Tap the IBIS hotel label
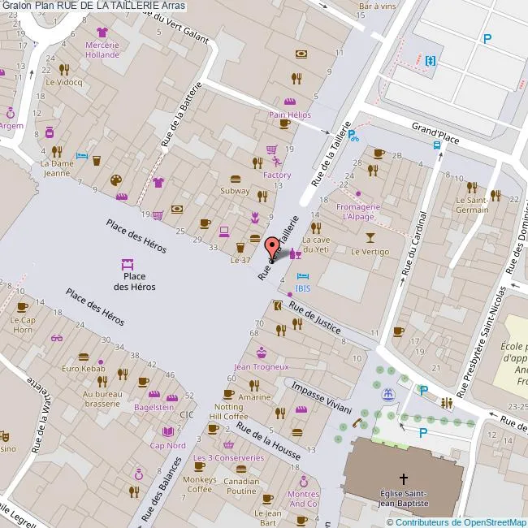302,288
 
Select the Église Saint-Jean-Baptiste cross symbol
404,479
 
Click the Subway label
235,191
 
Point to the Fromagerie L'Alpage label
357,211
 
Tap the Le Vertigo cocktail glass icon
370,237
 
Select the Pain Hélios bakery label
290,115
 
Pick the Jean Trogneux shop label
262,366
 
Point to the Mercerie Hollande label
102,50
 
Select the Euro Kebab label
84,369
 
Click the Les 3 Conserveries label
228,457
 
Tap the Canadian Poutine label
240,486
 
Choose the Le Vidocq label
63,82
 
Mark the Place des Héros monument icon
127,265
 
